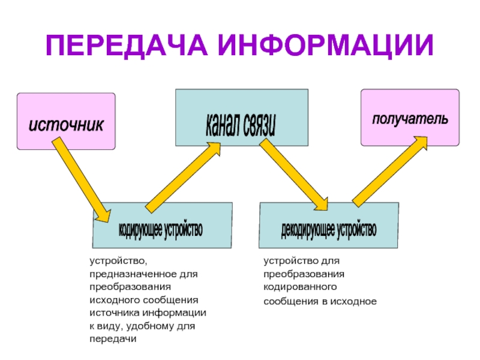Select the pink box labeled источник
[66, 122]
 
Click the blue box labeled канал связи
[241, 118]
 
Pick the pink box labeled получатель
[409, 118]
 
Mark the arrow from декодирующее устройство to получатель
[390, 170]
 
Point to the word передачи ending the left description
[112, 339]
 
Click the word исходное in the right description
[356, 301]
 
